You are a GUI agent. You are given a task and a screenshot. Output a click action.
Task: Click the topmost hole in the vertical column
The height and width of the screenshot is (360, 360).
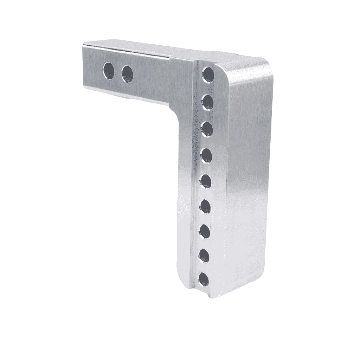coord(208,75)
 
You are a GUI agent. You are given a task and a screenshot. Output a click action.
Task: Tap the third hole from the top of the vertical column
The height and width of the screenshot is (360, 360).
coord(207,129)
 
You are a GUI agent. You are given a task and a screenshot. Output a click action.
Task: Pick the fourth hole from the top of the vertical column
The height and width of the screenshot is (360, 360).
coord(206,155)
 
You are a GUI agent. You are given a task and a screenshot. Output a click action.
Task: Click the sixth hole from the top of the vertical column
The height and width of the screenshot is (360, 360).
coord(205,206)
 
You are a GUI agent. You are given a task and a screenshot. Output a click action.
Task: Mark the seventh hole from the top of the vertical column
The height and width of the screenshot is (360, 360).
coord(204,231)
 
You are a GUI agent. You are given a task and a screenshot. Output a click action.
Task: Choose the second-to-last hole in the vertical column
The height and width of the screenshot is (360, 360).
coord(204,256)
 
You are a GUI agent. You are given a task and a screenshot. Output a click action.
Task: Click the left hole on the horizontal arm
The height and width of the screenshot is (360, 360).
coord(109,70)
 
